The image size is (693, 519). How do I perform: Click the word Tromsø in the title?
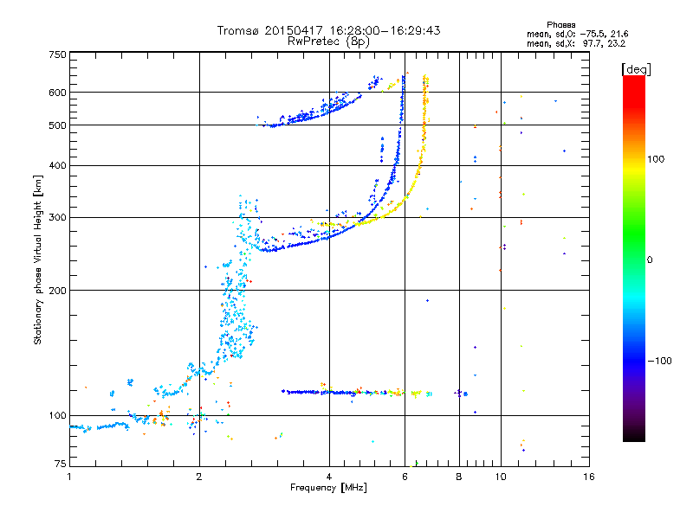tap(237, 30)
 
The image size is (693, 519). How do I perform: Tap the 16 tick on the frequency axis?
tap(589, 477)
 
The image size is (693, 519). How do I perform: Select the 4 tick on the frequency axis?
tap(328, 477)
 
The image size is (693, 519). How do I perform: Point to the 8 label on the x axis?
tap(459, 477)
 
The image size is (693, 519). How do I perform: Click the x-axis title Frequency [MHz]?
tap(328, 489)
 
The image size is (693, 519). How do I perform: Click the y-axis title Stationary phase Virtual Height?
tap(38, 259)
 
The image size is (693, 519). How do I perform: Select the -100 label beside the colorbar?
tap(662, 360)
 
